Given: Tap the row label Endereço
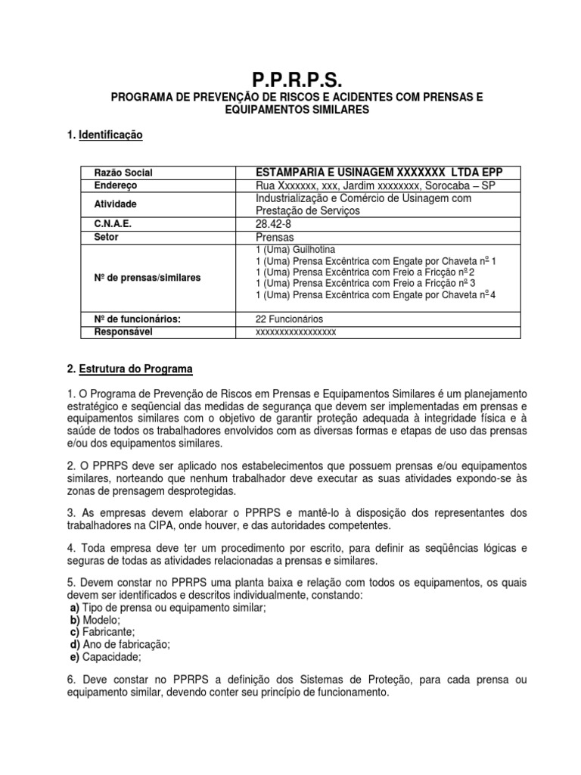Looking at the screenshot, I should [x=116, y=185].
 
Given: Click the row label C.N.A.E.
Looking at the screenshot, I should [x=113, y=224].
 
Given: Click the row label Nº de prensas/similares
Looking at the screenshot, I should [x=147, y=278].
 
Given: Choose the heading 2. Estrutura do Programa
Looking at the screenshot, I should [x=130, y=369].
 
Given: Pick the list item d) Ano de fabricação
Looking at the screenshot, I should [x=120, y=644].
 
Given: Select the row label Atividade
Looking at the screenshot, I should [x=116, y=204].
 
